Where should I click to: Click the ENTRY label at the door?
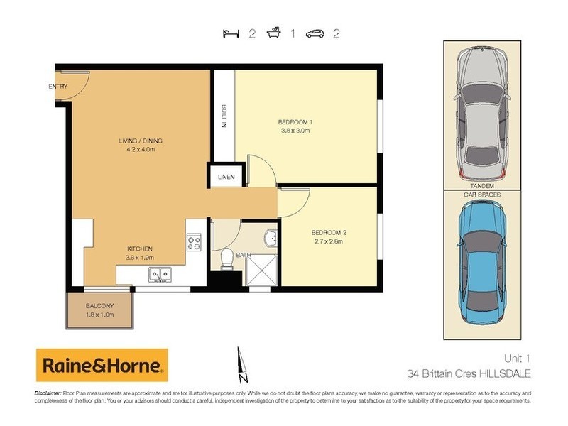pos(58,87)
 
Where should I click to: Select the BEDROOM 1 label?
pos(295,126)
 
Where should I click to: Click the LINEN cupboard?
pos(226,176)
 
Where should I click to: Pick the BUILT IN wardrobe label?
pos(224,116)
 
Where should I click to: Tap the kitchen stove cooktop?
pos(195,243)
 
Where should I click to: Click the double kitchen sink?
pos(158,273)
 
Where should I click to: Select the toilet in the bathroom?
pos(225,259)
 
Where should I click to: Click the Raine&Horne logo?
pos(102,366)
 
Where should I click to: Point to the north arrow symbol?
pos(241,362)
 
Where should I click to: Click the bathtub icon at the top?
pos(273,33)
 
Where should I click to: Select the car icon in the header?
pos(315,33)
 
